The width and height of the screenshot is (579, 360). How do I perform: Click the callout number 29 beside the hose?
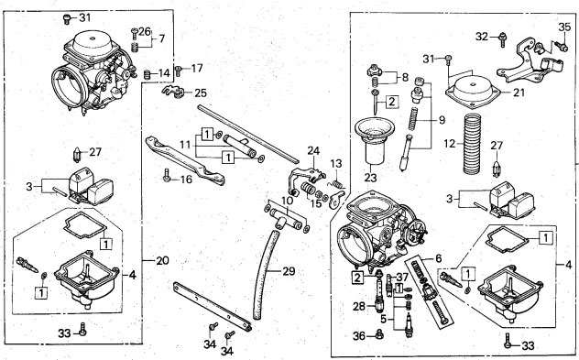tap(289, 271)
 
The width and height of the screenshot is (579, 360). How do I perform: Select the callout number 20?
tap(162, 261)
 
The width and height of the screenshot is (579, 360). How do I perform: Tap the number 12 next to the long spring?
tap(450, 143)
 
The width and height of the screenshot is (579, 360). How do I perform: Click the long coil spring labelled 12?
tap(473, 144)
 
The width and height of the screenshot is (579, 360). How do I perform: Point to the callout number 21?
tap(519, 93)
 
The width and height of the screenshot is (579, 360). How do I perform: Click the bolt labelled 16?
tap(167, 175)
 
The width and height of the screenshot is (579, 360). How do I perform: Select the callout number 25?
tap(201, 93)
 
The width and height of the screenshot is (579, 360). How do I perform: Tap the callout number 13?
tap(336, 164)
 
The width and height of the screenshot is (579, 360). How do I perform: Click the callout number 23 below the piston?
tap(370, 178)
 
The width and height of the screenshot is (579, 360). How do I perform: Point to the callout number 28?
tap(359, 306)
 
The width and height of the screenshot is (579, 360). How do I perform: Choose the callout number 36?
tap(359, 336)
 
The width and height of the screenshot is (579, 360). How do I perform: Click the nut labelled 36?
tap(379, 334)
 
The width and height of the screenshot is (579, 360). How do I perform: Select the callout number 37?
tap(402, 277)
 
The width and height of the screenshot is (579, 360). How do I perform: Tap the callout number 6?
tap(438, 258)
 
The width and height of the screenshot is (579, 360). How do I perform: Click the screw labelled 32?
tap(502, 39)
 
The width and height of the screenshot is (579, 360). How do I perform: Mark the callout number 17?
tap(197, 69)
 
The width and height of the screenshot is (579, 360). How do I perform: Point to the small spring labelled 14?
tap(147, 74)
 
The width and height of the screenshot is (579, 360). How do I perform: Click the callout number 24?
tap(313, 150)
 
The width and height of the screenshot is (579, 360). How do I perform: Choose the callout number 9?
tap(442, 120)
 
